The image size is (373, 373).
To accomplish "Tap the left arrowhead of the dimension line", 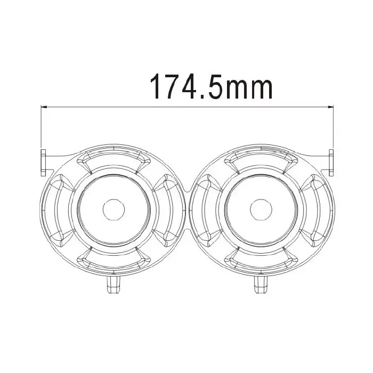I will pyautogui.click(x=45, y=108).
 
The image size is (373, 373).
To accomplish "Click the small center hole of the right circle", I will pyautogui.click(x=261, y=208).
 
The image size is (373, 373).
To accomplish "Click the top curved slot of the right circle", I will pyautogui.click(x=261, y=158).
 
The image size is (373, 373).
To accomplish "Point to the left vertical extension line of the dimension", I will pyautogui.click(x=42, y=128).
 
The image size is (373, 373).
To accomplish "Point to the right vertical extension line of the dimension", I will pyautogui.click(x=333, y=128).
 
